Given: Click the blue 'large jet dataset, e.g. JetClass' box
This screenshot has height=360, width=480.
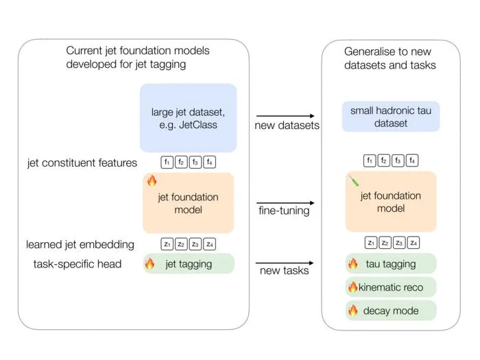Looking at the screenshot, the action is [x=189, y=118].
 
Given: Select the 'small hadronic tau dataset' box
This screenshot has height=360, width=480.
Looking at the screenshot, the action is [x=391, y=117].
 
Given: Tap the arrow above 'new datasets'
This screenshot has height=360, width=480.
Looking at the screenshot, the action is [x=285, y=116].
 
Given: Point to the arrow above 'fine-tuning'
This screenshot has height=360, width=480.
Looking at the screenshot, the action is [x=285, y=203].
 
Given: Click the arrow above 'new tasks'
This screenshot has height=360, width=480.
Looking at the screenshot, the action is [x=285, y=263].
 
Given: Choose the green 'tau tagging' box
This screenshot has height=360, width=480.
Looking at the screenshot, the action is [x=391, y=263].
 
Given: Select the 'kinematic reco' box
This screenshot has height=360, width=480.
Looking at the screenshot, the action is [x=391, y=287].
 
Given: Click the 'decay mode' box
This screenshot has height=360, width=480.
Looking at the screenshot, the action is [x=391, y=311].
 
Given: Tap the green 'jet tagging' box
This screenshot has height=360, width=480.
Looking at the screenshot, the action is [x=189, y=263].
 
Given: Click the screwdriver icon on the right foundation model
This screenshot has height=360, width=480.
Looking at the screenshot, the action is [x=354, y=180].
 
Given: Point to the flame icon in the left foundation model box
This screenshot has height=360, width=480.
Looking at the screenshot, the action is [x=152, y=180].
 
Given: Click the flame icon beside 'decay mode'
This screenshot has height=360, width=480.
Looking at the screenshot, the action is [x=352, y=310].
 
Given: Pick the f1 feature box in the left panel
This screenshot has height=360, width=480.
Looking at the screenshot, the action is [x=167, y=162].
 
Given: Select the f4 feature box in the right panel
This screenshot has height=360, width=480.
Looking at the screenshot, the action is [x=412, y=160].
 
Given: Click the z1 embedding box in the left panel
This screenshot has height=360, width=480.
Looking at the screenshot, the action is [x=167, y=244].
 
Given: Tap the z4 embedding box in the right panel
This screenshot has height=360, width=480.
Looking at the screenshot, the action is [x=413, y=243].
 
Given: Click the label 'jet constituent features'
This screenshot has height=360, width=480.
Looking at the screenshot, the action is [x=82, y=163].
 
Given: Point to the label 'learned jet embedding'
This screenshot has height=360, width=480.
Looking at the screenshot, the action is [x=80, y=245].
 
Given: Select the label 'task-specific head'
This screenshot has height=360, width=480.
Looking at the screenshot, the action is [x=77, y=264].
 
